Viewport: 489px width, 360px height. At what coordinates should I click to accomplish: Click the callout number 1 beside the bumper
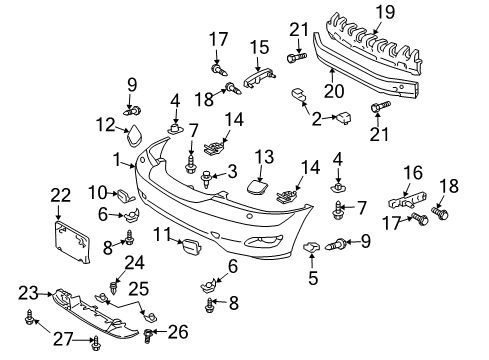[x=117, y=157]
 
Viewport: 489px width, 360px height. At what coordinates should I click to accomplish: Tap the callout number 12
[x=102, y=123]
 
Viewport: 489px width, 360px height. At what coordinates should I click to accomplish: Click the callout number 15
[x=258, y=46]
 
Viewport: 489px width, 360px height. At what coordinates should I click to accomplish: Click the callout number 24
[x=128, y=263]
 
